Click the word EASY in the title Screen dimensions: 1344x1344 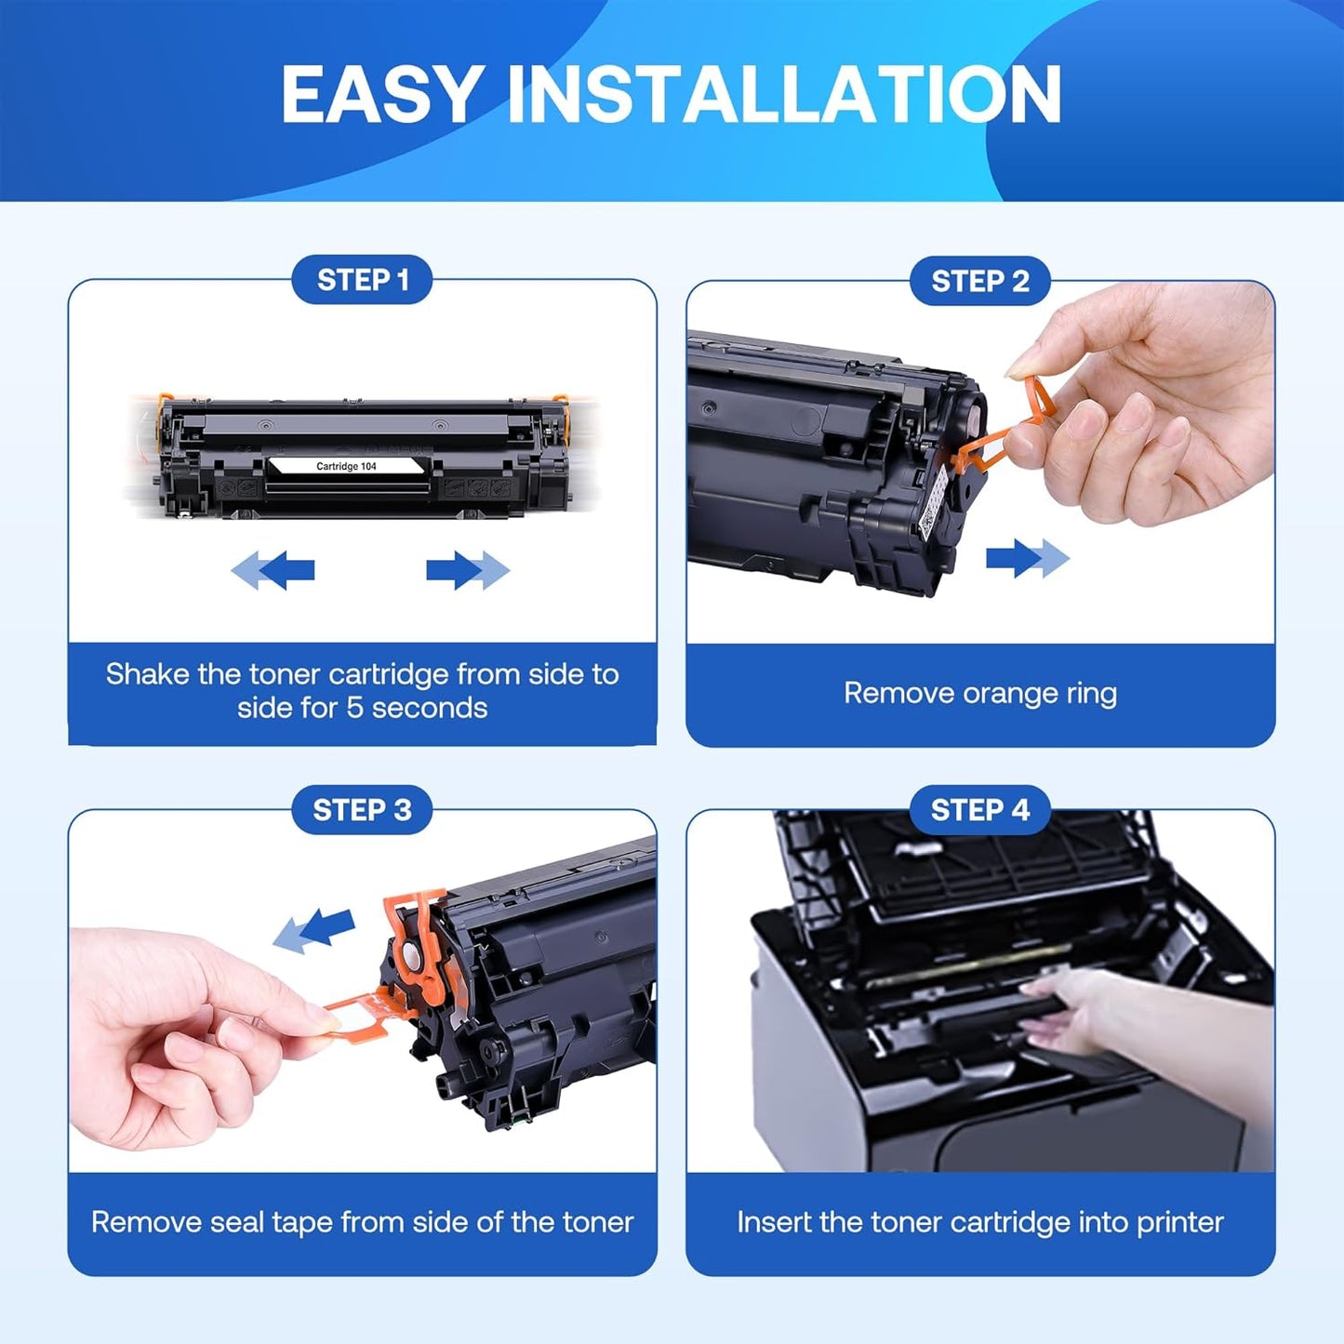point(380,95)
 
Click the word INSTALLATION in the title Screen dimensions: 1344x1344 point(783,95)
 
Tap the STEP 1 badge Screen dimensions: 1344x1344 point(362,280)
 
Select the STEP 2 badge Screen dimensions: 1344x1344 point(979,281)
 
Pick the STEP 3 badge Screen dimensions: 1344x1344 point(362,810)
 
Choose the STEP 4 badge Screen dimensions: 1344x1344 point(979,810)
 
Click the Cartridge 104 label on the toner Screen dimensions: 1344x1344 point(346,466)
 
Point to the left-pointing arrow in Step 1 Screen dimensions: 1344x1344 point(273,569)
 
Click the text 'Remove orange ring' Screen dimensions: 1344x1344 point(979,694)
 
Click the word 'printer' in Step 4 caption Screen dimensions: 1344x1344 point(1178,1222)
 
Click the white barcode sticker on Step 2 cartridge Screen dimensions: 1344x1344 point(933,502)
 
